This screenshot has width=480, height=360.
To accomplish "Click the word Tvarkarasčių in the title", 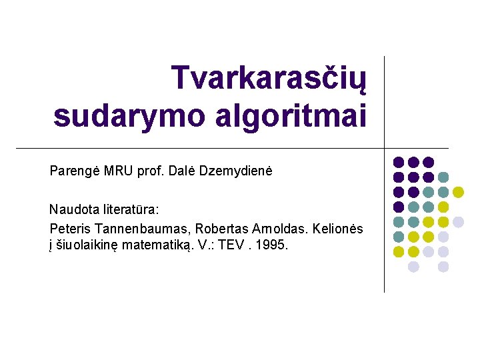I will (269, 79).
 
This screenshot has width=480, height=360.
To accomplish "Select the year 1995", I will (273, 245).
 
